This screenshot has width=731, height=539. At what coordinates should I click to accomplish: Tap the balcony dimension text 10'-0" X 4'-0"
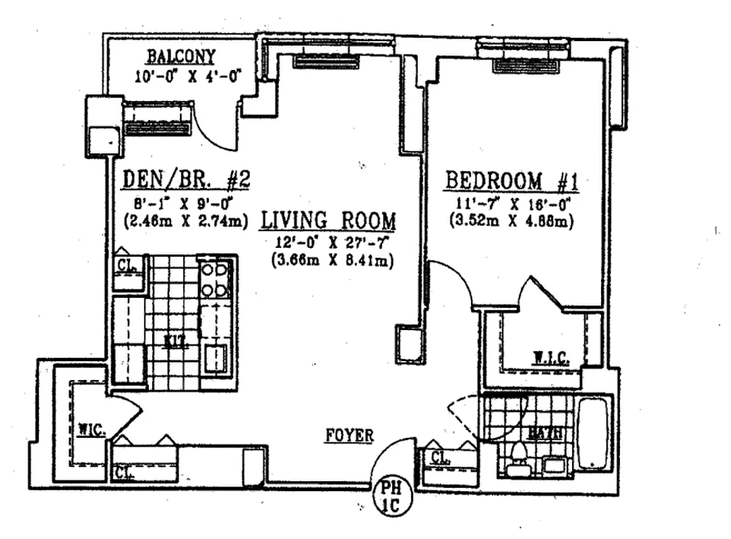(187, 75)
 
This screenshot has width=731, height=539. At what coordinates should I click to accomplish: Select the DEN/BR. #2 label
(187, 181)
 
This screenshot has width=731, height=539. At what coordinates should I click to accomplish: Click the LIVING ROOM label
(328, 220)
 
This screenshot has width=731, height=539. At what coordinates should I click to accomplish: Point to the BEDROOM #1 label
(513, 181)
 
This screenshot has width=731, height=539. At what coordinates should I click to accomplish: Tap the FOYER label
(349, 436)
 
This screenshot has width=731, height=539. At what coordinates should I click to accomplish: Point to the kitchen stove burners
(216, 280)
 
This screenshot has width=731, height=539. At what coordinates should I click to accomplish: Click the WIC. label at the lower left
(90, 429)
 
